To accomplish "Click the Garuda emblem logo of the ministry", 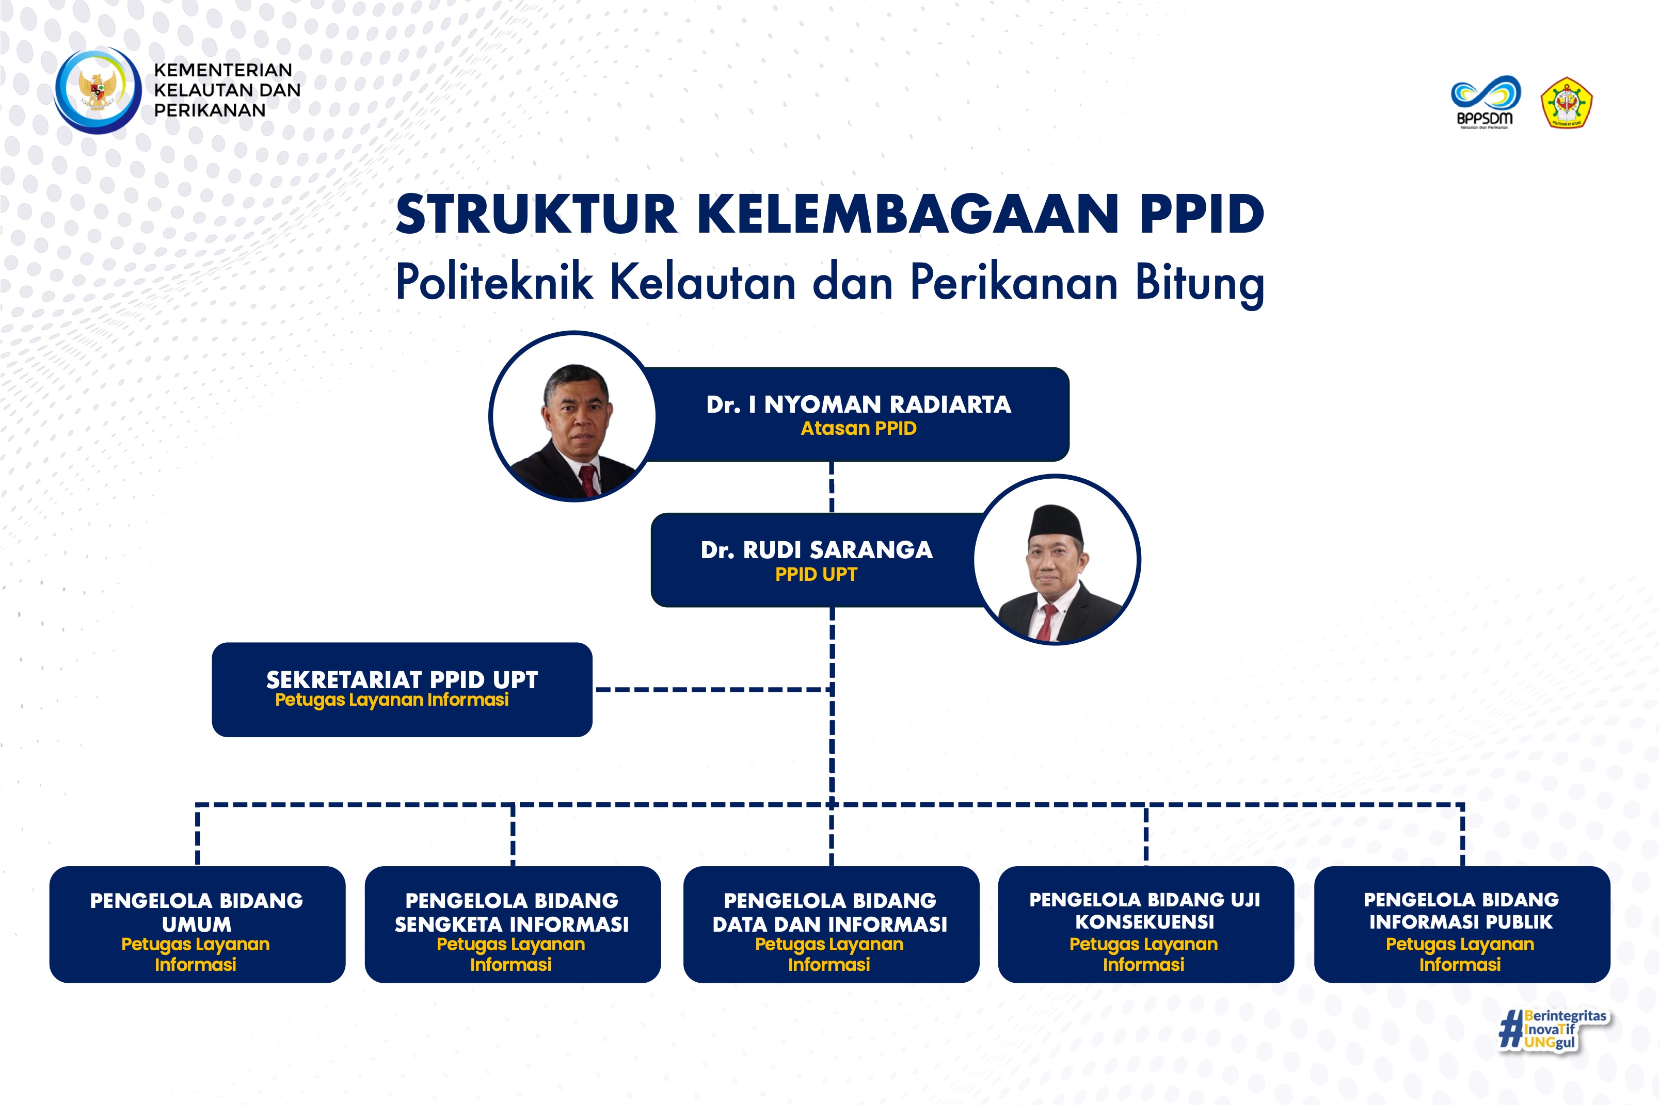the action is pos(98,90).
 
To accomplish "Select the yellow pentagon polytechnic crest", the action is pos(1566,103).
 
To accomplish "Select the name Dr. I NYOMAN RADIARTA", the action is pos(858,404).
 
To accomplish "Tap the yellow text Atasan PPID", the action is pos(858,429).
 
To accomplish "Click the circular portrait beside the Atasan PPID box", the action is pos(574,416).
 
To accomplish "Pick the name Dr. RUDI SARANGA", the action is pos(817,550).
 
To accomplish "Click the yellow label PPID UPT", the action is pos(816,574).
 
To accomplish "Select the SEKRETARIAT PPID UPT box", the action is pos(402,690).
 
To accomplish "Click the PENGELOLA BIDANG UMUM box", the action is pos(198,924).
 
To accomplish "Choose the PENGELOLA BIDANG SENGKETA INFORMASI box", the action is pos(513,924).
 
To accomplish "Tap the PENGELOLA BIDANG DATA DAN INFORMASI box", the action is pos(832,924).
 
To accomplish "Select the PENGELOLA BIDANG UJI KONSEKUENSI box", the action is pos(1146,924).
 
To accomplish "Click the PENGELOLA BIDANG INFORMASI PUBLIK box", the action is pos(1462,924).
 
